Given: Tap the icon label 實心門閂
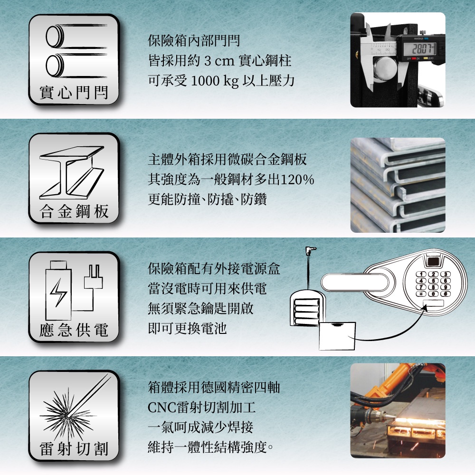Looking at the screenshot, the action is pos(74,93).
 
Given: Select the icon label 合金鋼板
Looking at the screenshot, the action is pos(74,211).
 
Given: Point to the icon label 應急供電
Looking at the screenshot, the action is pos(74,330).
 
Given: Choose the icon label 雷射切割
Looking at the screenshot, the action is pos(74,449).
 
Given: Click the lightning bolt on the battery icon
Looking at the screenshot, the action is pos(58,292).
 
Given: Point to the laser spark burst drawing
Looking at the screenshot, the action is pos(67,415).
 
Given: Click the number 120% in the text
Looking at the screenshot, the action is pos(297,180).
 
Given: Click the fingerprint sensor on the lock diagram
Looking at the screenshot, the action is pos(434,261).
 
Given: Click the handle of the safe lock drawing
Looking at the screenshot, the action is pos(355,282).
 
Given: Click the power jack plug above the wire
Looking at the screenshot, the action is pos(311,251).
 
